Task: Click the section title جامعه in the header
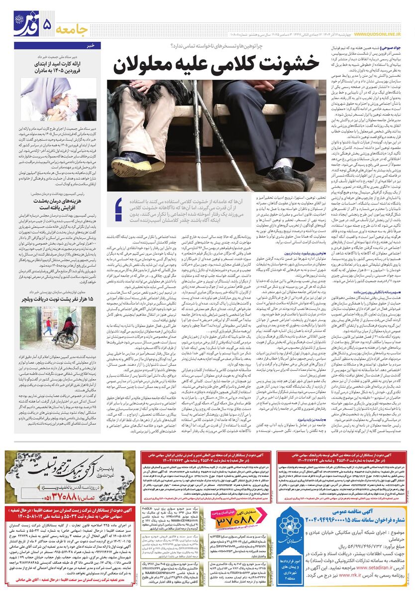[74, 27]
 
